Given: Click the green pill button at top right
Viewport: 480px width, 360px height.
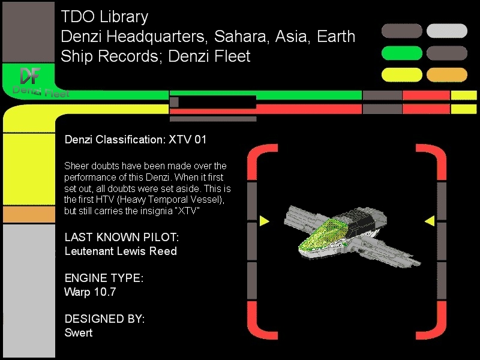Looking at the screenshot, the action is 401,53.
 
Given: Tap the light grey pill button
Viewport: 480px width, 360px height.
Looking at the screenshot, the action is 446,31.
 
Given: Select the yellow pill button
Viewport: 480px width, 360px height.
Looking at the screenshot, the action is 401,74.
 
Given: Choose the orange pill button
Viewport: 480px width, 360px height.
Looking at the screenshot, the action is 446,74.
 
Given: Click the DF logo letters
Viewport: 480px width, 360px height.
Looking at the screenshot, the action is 31,76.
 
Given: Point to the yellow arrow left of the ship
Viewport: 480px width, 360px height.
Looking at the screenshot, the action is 264,221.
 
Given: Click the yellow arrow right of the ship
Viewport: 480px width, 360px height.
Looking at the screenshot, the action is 430,221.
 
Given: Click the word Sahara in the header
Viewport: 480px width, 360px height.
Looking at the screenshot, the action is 240,37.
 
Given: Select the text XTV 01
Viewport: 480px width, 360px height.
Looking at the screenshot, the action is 188,140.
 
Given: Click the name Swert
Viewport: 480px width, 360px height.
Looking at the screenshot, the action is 79,333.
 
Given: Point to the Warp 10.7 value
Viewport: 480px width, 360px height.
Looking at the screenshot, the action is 90,292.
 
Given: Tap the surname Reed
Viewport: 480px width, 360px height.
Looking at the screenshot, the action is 163,251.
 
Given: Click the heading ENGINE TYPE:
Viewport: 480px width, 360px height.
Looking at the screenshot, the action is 104,278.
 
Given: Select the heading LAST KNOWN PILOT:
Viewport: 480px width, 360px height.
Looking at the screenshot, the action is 122,237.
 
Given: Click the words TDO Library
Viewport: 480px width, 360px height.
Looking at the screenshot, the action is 104,17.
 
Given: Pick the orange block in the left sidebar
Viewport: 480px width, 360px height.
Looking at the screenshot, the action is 29,214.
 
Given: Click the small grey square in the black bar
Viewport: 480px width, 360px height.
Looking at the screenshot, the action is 174,102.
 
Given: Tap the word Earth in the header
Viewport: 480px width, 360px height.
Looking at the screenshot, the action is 336,37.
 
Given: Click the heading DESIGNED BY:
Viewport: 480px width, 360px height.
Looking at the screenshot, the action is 104,319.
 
